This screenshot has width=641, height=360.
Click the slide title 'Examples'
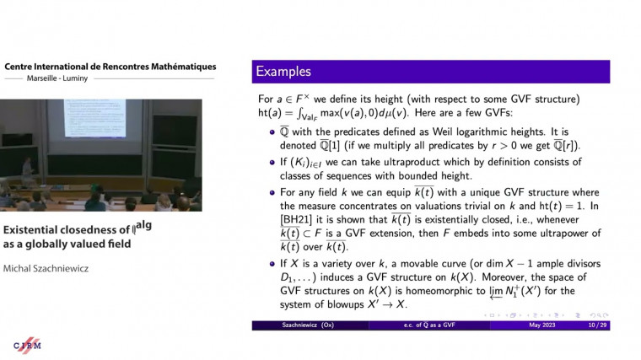pyautogui.click(x=283, y=72)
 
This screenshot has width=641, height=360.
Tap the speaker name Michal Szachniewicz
pyautogui.click(x=48, y=268)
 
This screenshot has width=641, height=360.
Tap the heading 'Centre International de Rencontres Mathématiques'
pyautogui.click(x=110, y=67)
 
